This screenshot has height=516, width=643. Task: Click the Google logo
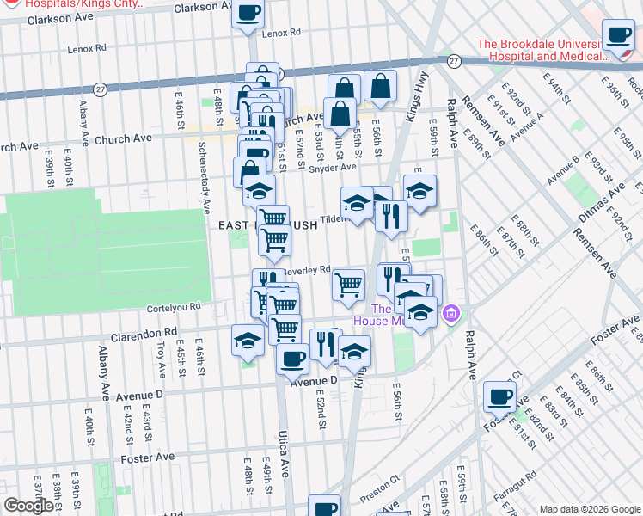pos(28,506)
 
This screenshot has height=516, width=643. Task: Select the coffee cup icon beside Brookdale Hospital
pos(618,36)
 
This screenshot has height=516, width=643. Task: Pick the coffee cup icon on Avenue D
pos(292,358)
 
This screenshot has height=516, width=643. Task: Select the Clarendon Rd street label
pos(148,330)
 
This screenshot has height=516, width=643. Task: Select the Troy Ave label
pos(161,359)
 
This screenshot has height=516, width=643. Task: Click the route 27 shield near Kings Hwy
pos(454,61)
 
